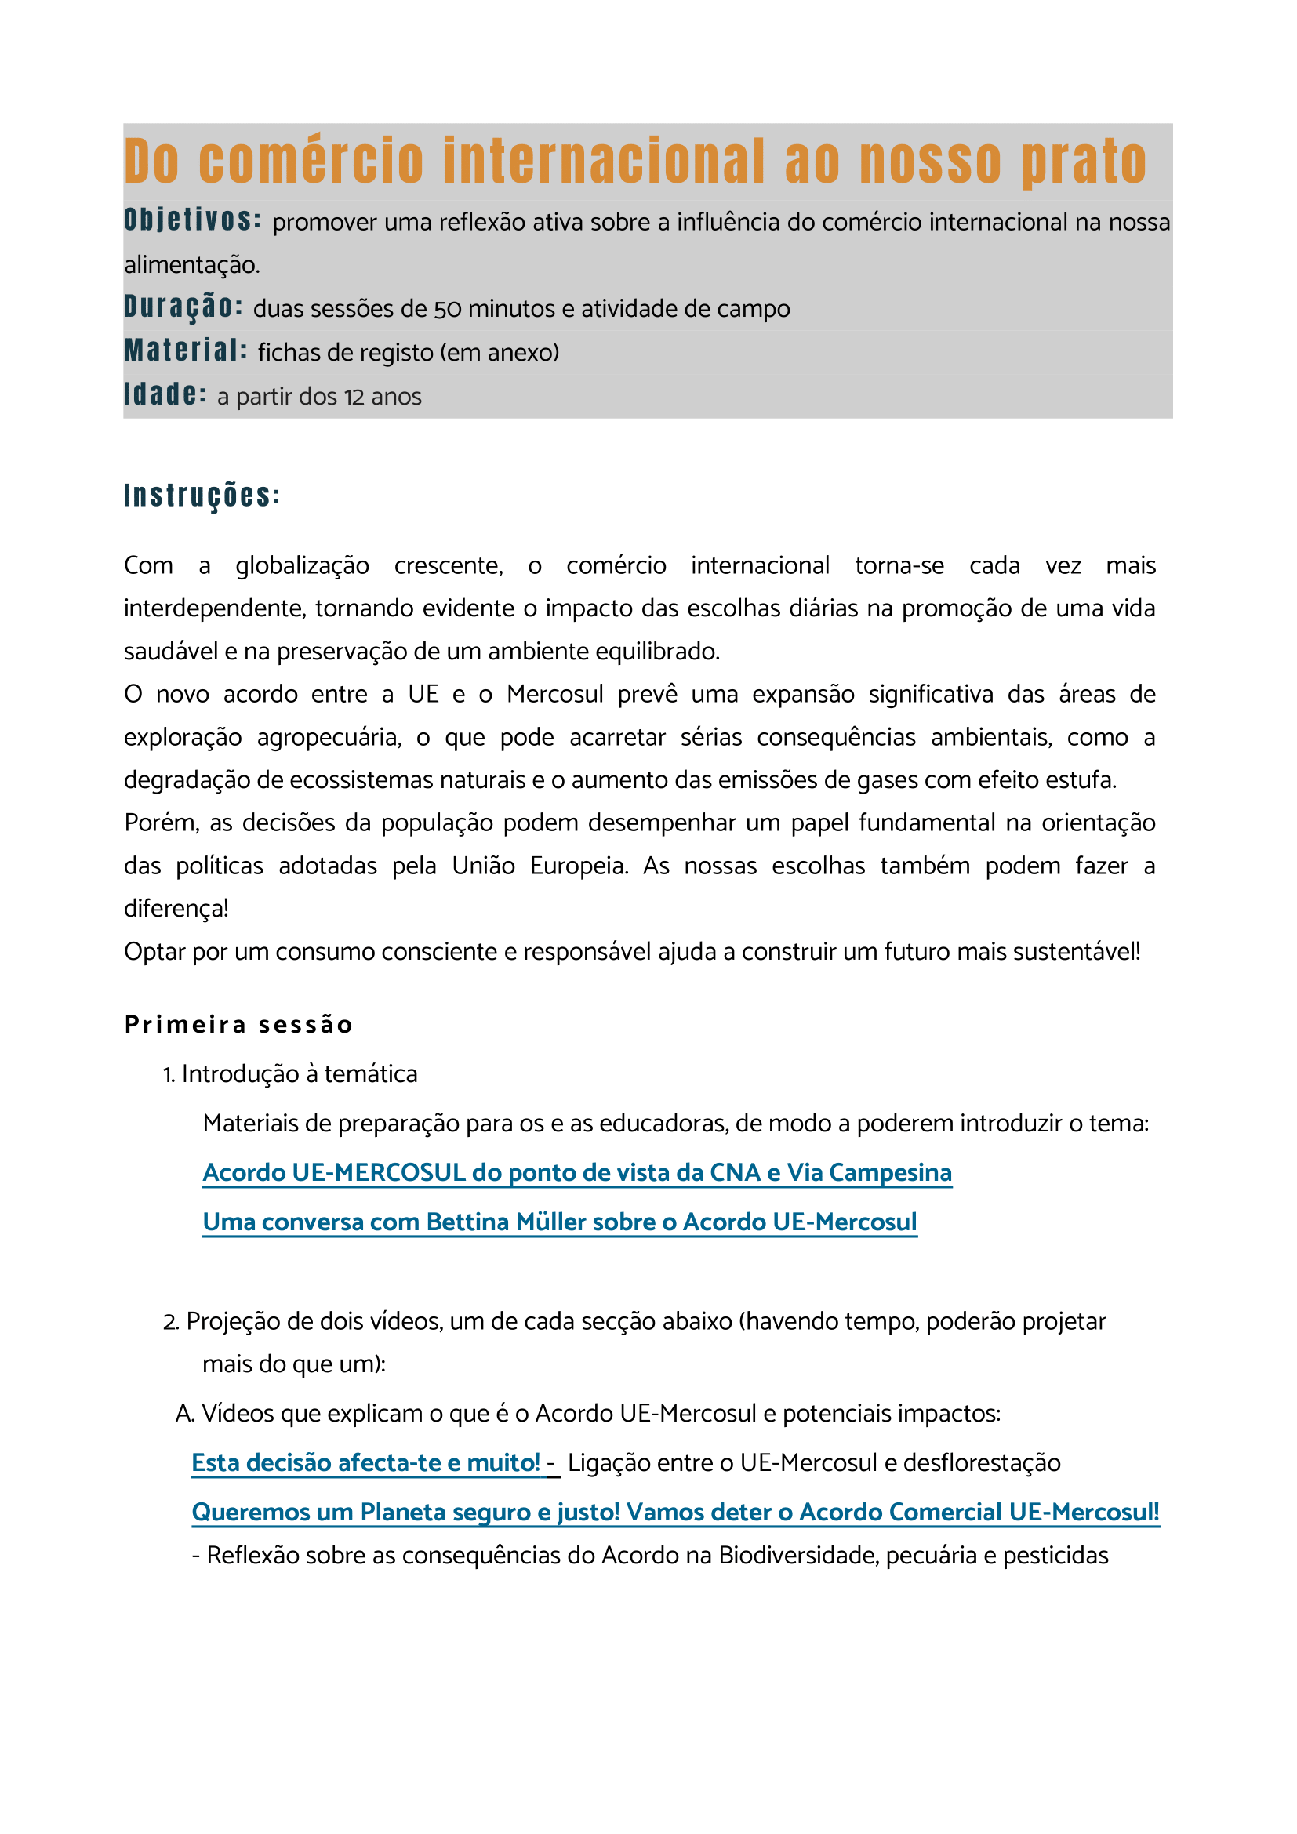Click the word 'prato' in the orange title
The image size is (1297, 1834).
pos(1084,162)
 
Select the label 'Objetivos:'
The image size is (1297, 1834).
pos(192,220)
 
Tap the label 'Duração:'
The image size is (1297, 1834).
pos(183,307)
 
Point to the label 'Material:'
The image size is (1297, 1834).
pos(185,350)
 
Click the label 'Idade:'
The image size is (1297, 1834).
pos(165,394)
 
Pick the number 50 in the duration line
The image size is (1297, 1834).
pos(447,309)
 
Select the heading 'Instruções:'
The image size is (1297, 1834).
pos(202,496)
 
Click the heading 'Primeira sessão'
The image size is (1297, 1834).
pos(239,1025)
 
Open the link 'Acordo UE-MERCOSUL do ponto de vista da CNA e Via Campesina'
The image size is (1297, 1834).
pos(576,1172)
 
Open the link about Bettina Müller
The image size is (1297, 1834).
pos(559,1222)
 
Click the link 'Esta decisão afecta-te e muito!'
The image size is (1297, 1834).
pos(365,1462)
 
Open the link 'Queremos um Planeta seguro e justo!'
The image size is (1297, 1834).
pos(675,1512)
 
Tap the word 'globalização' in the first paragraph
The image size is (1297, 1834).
pos(302,565)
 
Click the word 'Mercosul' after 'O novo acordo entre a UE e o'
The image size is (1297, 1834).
pos(555,694)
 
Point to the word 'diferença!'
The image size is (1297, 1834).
pos(176,908)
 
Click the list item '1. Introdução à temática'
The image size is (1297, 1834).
pos(290,1074)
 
